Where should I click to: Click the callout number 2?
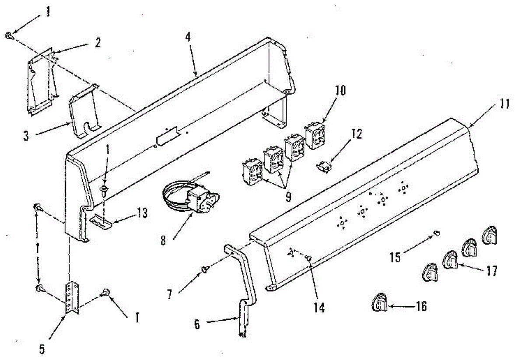pyautogui.click(x=98, y=42)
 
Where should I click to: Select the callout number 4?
pyautogui.click(x=188, y=37)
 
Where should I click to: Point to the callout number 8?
pyautogui.click(x=164, y=240)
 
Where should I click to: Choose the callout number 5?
pyautogui.click(x=42, y=349)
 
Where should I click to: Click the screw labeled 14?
pyautogui.click(x=309, y=259)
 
